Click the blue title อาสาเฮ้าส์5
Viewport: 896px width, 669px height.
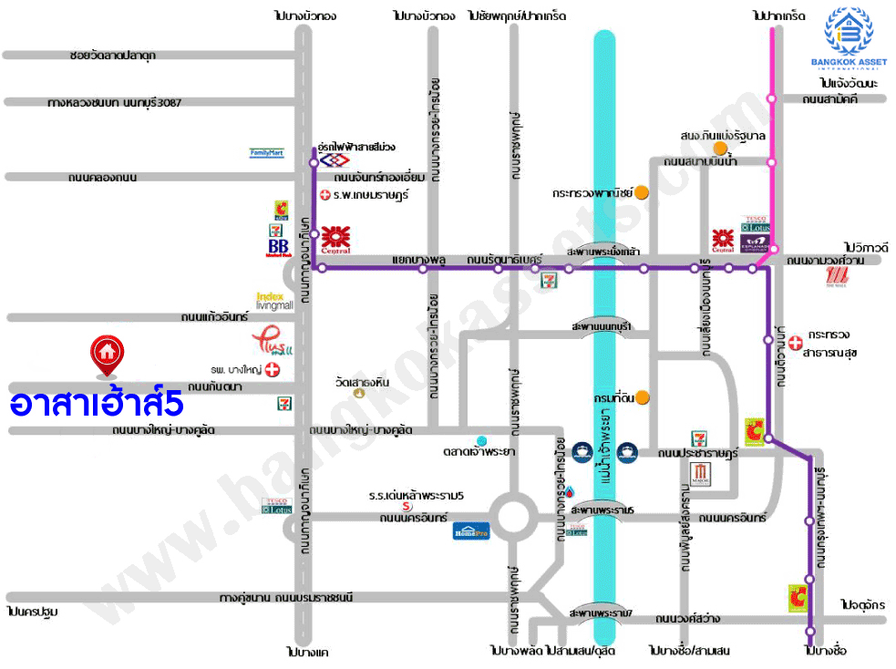click(x=98, y=404)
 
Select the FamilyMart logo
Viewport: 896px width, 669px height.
click(x=267, y=153)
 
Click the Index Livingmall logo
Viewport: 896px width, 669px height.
click(x=274, y=301)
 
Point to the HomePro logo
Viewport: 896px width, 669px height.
click(x=471, y=531)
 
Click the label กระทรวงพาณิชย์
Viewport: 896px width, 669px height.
click(x=592, y=193)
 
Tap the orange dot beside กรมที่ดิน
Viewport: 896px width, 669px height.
click(x=643, y=396)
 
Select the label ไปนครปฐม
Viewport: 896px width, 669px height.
click(x=32, y=612)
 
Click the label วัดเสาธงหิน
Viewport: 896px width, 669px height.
click(x=362, y=382)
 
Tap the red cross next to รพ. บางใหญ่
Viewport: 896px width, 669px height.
click(x=271, y=371)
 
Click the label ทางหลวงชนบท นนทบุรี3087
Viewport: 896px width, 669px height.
click(x=115, y=103)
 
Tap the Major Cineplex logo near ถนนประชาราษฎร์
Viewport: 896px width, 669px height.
click(x=700, y=473)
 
